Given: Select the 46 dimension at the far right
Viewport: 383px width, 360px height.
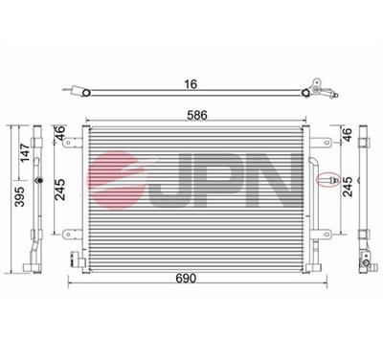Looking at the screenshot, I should (x=348, y=136).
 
